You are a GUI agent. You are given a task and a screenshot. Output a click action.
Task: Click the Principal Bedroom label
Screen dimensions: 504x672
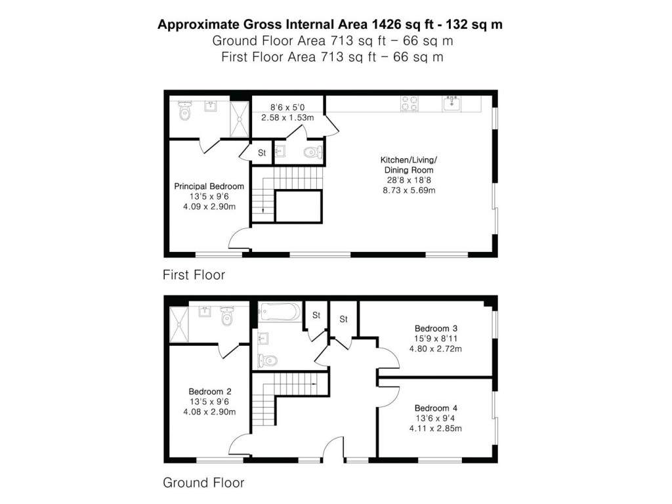(x=209, y=186)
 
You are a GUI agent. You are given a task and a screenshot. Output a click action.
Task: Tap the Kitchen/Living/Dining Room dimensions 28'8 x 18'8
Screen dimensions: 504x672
(x=410, y=180)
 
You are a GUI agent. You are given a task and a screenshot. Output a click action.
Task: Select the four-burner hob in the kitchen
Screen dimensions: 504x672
(x=410, y=104)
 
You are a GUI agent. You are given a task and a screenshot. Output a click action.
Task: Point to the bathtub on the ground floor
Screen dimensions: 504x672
(x=279, y=312)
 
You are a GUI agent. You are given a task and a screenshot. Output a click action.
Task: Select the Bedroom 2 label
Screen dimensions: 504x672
(x=209, y=391)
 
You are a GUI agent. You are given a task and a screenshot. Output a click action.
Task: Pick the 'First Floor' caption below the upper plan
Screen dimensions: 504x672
(x=194, y=275)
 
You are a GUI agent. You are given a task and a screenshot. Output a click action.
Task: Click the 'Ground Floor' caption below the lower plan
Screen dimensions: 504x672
(x=203, y=483)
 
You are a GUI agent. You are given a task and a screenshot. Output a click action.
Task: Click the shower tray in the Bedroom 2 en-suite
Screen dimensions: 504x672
(x=178, y=324)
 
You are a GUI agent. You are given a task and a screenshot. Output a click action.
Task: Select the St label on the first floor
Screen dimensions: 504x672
(x=261, y=153)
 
